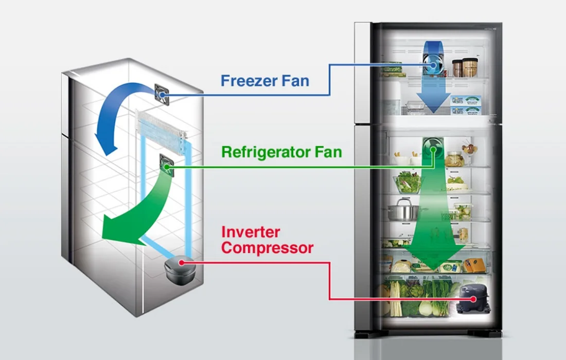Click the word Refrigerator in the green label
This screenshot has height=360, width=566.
[x=266, y=152]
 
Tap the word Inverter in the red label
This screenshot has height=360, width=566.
[x=251, y=232]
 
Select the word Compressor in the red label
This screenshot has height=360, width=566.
[x=267, y=248]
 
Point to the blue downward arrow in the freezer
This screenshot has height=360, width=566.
[x=434, y=83]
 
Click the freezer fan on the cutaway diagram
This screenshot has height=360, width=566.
[x=162, y=95]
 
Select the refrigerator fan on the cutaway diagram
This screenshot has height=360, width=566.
[x=167, y=166]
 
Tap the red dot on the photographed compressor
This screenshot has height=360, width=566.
[x=473, y=299]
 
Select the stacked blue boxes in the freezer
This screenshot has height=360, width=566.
[x=466, y=105]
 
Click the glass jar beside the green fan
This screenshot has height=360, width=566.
[x=454, y=159]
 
